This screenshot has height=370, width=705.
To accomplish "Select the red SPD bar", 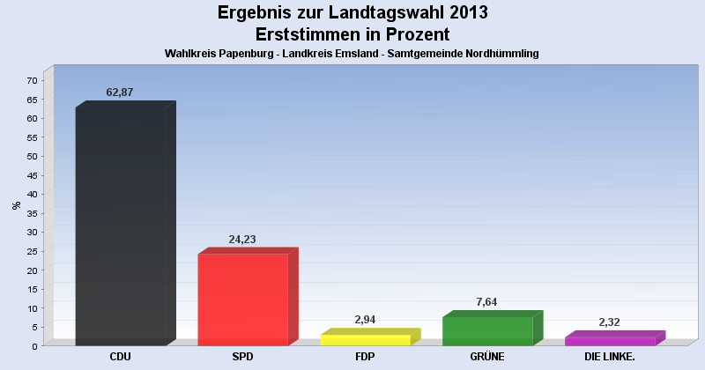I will click(242, 300).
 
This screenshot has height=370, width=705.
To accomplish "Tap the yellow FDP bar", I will click(365, 340).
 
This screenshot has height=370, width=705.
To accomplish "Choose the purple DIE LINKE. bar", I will click(610, 341).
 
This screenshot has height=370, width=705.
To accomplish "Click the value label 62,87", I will click(120, 92).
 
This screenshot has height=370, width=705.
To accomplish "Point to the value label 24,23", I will click(242, 240).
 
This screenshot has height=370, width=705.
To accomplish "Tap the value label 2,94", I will click(365, 320).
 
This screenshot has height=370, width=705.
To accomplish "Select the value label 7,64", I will click(487, 302).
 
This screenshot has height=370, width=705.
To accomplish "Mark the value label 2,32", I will click(610, 322).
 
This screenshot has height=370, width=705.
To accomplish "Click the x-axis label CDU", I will click(121, 357).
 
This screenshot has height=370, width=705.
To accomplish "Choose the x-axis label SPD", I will click(242, 357).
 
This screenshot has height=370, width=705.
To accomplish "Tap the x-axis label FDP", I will click(365, 357).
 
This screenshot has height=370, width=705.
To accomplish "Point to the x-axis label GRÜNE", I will click(487, 357).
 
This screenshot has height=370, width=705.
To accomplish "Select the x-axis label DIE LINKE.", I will click(610, 357).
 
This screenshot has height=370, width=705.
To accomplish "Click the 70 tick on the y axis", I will click(32, 81).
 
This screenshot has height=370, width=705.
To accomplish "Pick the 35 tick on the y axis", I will click(32, 213).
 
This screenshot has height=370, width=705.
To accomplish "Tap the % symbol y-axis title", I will click(17, 205).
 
